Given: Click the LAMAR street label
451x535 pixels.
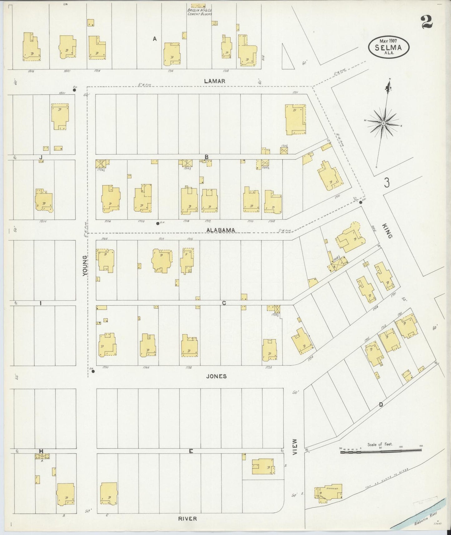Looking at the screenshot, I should tap(214, 81).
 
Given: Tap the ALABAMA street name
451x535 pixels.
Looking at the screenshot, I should tap(221, 230).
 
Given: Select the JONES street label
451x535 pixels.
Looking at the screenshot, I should tap(216, 376).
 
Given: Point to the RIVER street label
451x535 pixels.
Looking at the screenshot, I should tap(188, 518).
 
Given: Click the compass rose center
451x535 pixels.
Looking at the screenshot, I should tap(383, 124).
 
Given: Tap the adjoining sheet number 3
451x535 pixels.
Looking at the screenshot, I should tap(387, 183).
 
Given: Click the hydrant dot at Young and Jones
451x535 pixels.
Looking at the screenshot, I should tap(93, 371).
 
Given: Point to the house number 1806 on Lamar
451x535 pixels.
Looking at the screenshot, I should tap(31, 71).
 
